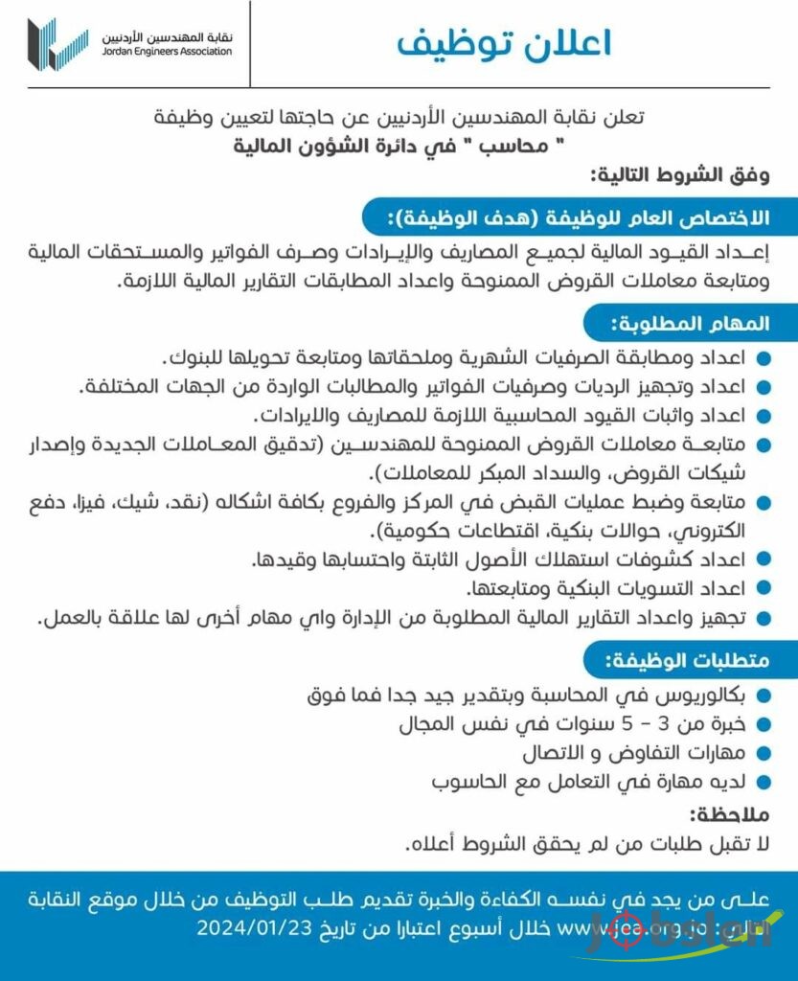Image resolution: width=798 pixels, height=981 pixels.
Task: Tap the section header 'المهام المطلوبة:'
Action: (691, 325)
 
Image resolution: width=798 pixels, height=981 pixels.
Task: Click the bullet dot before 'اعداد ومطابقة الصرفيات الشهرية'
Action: (763, 359)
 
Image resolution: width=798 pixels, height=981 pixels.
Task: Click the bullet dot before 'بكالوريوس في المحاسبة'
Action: (763, 696)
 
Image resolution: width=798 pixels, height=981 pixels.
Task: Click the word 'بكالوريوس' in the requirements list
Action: (713, 695)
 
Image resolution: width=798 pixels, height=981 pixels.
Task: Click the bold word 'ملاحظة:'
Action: (729, 814)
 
